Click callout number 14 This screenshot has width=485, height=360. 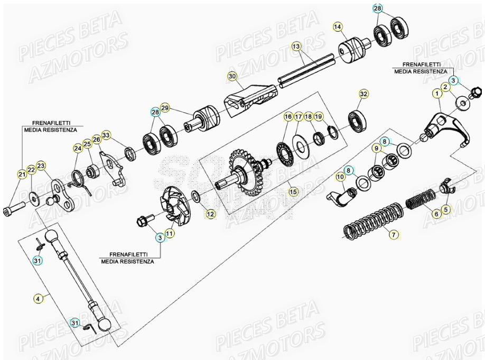tap(338, 26)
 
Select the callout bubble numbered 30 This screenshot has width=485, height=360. tap(231, 76)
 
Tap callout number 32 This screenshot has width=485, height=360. tap(363, 94)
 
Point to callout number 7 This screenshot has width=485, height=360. tap(393, 234)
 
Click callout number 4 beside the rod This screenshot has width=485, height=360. tap(38, 299)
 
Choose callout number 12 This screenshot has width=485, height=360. tap(211, 214)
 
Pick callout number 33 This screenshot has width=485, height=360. tap(106, 135)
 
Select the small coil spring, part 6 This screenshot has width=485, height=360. tap(420, 200)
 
